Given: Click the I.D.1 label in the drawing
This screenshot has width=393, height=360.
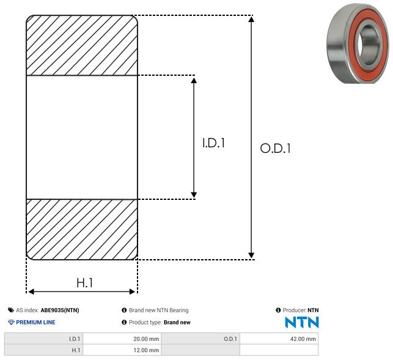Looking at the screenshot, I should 214,144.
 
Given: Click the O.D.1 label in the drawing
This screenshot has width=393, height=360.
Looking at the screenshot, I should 276,149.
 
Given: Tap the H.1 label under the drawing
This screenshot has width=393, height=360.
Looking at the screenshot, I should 84,283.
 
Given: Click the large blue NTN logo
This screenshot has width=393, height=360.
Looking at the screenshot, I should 302,322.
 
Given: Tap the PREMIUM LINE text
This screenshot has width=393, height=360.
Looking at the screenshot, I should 35,322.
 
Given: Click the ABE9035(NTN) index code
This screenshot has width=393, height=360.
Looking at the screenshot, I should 60,310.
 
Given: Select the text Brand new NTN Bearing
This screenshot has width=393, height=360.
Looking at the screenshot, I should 158,310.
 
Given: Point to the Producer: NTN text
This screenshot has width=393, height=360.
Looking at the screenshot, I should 300,310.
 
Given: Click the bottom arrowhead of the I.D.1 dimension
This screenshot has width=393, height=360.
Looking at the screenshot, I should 194,194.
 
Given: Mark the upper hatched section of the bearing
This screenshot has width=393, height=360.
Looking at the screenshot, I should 82,46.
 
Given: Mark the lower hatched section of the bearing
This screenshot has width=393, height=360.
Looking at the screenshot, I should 82,229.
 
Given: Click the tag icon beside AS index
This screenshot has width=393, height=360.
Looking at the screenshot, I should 11,310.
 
